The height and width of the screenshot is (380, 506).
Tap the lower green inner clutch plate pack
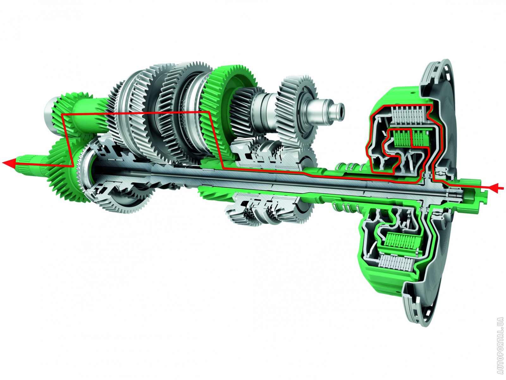[x=402, y=241]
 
